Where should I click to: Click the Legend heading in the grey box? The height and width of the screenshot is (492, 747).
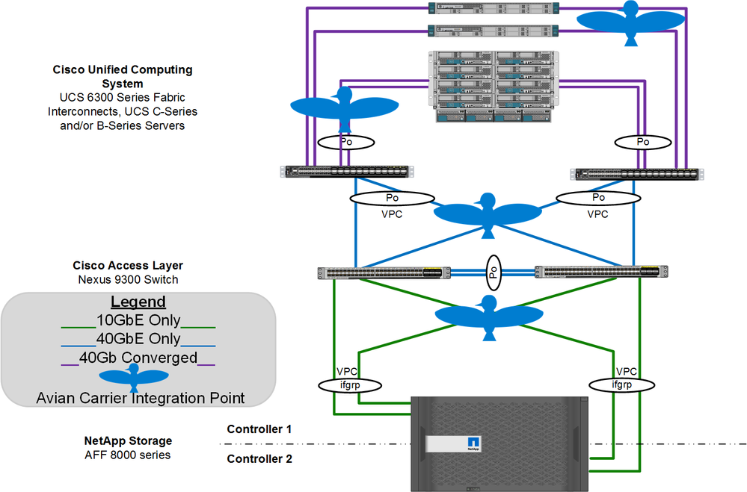click(x=138, y=302)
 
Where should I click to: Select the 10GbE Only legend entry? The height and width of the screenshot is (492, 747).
click(x=138, y=321)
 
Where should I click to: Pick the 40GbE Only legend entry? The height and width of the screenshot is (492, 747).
click(x=138, y=339)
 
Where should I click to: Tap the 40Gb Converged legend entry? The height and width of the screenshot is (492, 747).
click(x=138, y=358)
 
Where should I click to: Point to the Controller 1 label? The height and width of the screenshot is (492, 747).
click(x=259, y=429)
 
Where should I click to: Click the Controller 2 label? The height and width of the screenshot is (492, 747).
click(x=259, y=459)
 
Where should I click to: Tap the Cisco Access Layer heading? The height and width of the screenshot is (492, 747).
click(x=128, y=265)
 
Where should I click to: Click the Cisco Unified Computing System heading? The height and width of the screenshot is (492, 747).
click(x=123, y=76)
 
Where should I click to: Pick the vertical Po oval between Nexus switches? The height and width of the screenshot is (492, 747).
click(x=494, y=272)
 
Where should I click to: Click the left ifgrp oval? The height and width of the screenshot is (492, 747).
click(x=350, y=385)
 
